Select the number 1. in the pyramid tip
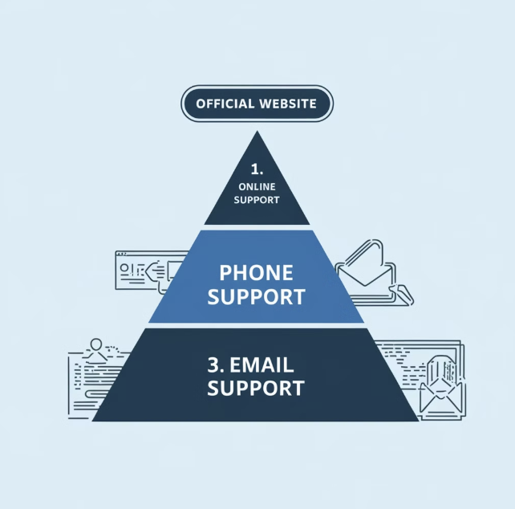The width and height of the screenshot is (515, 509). [x=257, y=170]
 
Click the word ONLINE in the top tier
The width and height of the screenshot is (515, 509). [x=257, y=187]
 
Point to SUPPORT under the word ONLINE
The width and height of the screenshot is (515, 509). [x=257, y=199]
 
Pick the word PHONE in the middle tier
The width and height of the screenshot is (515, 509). [x=256, y=272]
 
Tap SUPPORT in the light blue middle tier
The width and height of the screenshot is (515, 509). [x=256, y=296]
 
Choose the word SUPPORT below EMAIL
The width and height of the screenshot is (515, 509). [x=256, y=389]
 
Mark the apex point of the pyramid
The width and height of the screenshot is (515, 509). [x=257, y=132]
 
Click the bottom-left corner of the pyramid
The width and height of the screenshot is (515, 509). [x=94, y=420]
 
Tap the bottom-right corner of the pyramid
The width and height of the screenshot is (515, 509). [x=418, y=420]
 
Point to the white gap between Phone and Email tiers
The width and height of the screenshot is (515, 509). [x=256, y=325]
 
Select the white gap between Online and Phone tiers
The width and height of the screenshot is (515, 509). [x=256, y=227]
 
